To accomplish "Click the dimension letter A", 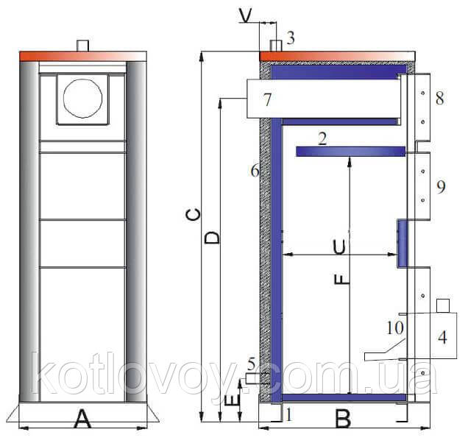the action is pyautogui.click(x=82, y=419).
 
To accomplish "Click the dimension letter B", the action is pyautogui.click(x=343, y=419).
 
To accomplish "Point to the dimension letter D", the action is pyautogui.click(x=212, y=238).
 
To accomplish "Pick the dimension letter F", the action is pyautogui.click(x=341, y=279).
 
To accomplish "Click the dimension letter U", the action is pyautogui.click(x=340, y=247).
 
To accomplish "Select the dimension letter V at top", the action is pyautogui.click(x=246, y=16).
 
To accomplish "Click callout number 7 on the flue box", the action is pyautogui.click(x=267, y=99).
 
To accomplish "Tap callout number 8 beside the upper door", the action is pyautogui.click(x=439, y=98).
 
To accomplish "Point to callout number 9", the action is pyautogui.click(x=441, y=187).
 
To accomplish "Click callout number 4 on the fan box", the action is pyautogui.click(x=442, y=337).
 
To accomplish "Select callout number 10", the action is pyautogui.click(x=395, y=327).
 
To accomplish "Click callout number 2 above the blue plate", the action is pyautogui.click(x=322, y=139).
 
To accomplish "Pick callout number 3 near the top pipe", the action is pyautogui.click(x=291, y=38).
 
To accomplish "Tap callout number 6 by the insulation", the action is pyautogui.click(x=255, y=171).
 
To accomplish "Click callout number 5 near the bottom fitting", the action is pyautogui.click(x=252, y=364).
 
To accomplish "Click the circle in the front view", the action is pyautogui.click(x=82, y=98).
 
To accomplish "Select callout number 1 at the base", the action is pyautogui.click(x=288, y=414).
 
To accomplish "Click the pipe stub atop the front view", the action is pyautogui.click(x=82, y=46).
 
